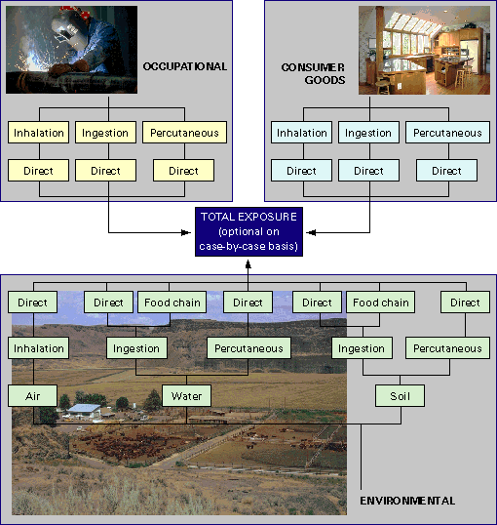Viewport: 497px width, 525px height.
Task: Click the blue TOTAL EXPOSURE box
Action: [x=248, y=231]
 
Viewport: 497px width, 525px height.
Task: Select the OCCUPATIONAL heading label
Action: [x=185, y=66]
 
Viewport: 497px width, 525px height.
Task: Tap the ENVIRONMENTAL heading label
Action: [x=407, y=501]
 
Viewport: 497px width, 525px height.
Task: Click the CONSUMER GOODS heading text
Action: [x=313, y=73]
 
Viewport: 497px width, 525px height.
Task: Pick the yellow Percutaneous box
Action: [x=184, y=133]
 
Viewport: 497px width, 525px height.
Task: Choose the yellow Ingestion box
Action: [x=105, y=133]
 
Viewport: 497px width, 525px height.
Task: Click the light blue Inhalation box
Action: [x=302, y=133]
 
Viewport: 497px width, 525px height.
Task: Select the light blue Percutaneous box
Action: [x=448, y=133]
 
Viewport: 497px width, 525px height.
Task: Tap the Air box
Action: [x=33, y=396]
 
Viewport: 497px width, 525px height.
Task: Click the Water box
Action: [x=187, y=396]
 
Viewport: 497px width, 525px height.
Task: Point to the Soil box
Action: [x=400, y=396]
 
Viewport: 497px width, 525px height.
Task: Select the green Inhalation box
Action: [x=38, y=348]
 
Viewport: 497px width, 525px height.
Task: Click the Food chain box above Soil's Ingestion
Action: [x=381, y=303]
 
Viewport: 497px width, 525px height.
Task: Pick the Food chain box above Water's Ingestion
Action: [x=172, y=303]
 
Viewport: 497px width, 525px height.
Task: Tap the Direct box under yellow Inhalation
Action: [x=38, y=171]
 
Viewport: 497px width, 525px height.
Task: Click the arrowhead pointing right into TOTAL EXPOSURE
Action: [x=186, y=232]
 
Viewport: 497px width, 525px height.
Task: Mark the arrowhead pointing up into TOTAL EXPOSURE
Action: [x=248, y=264]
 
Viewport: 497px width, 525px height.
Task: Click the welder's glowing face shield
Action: [x=66, y=33]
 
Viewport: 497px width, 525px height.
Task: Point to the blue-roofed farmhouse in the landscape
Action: [x=84, y=411]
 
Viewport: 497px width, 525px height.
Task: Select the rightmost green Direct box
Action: [x=466, y=303]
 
